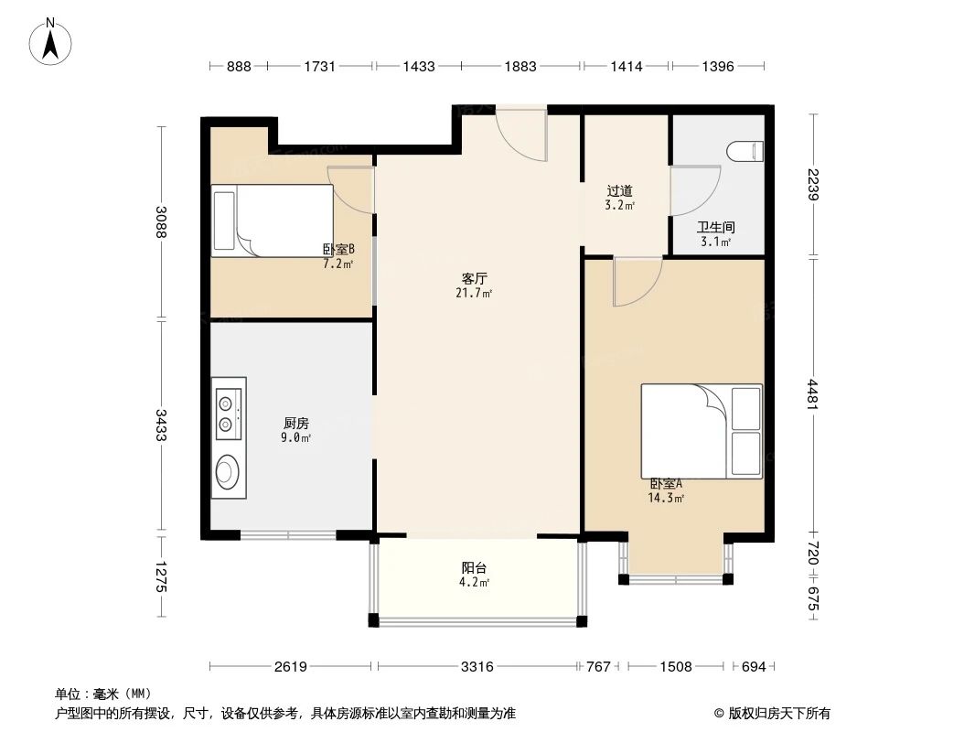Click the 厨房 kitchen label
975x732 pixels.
coord(296,423)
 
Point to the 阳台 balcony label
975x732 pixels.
coord(474,567)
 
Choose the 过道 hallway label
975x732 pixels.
coord(619,191)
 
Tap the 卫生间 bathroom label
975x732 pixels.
coord(716,227)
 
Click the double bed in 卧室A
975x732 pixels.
coord(701,431)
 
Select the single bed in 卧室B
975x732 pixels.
coord(272,221)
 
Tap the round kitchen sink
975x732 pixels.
coord(227,471)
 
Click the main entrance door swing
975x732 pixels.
coord(521,135)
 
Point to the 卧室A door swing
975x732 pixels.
coord(637,280)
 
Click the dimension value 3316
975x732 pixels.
coord(477,667)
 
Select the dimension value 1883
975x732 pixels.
coord(520,66)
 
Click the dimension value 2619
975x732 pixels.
coord(291,667)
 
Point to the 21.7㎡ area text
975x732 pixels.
coord(474,293)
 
